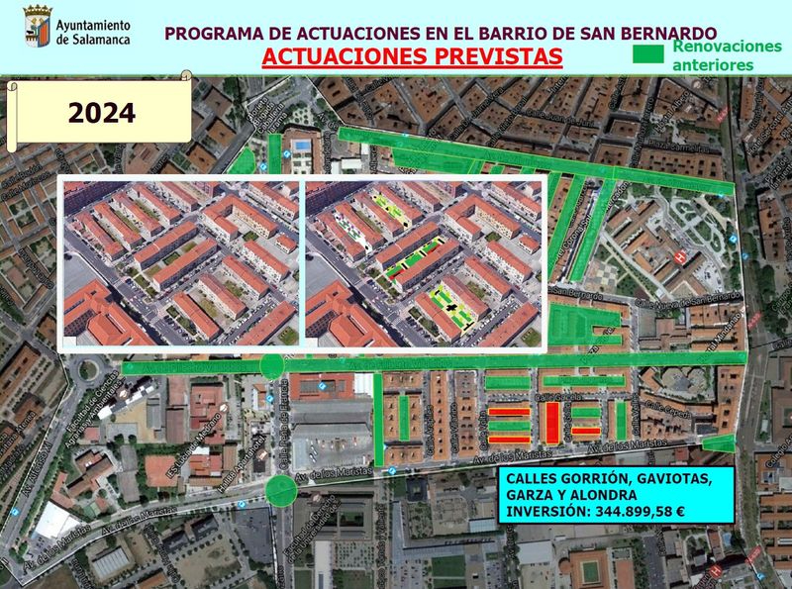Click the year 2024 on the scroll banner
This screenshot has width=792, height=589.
(x=101, y=113)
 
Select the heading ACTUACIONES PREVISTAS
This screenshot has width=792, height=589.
(x=412, y=55)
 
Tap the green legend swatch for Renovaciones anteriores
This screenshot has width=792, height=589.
(x=648, y=55)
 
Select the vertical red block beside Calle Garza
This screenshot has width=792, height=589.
(x=551, y=423)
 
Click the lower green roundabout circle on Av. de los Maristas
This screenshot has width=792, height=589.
(x=281, y=489)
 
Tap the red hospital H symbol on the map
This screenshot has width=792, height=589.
(x=678, y=256)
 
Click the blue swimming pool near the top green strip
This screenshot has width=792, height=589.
(x=299, y=147)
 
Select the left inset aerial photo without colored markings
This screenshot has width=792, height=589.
(x=179, y=263)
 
